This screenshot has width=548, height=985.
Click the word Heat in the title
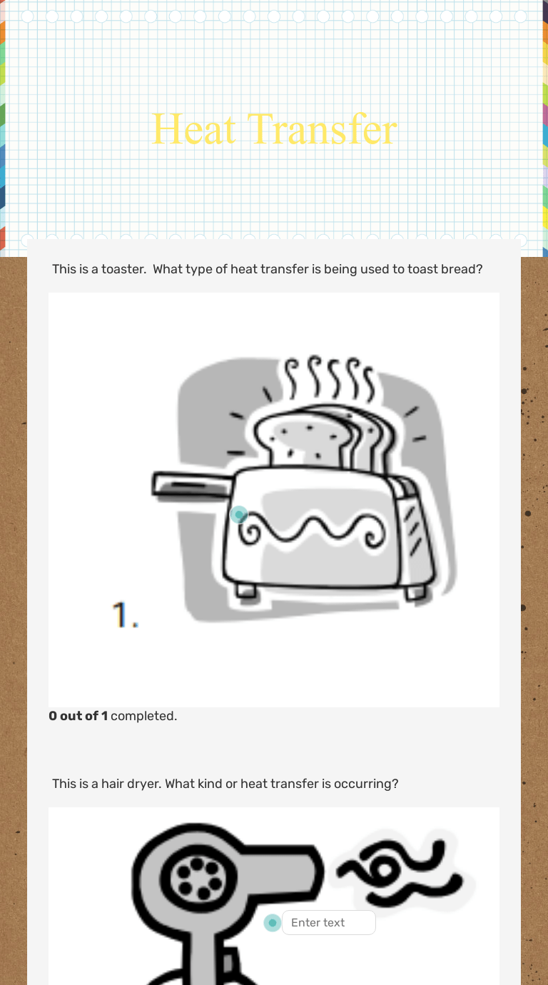click(193, 129)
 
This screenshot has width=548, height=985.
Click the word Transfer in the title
click(322, 129)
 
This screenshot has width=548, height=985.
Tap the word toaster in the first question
click(123, 269)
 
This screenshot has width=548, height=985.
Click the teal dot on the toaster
click(239, 514)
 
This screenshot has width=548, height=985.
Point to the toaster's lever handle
click(192, 485)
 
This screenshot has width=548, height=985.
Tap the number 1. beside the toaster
click(126, 615)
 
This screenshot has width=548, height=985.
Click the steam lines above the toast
click(330, 378)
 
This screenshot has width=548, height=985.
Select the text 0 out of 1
click(78, 716)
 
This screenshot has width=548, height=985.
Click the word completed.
click(143, 716)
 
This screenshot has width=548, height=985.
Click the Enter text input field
click(329, 923)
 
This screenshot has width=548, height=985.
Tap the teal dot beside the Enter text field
click(273, 923)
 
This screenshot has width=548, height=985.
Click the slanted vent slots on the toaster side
click(413, 530)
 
